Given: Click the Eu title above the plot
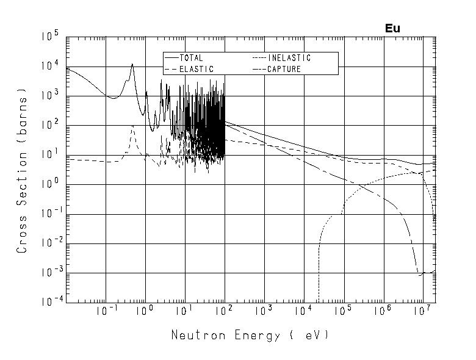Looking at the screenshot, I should (392, 28).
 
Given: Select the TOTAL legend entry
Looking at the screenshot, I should (191, 58).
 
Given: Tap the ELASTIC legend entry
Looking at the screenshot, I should (196, 69).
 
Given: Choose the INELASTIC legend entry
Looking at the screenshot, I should (289, 58).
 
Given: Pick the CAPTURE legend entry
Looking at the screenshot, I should (284, 69).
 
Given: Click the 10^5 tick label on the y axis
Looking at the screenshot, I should (51, 37).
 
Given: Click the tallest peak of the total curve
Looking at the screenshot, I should (132, 64).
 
